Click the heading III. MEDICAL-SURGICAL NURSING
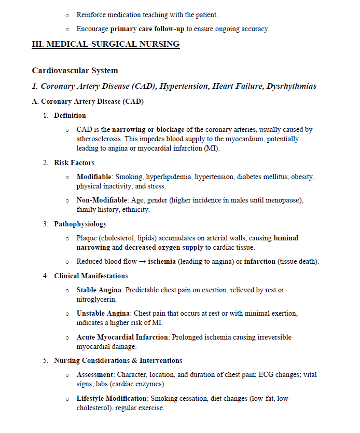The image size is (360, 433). pyautogui.click(x=106, y=44)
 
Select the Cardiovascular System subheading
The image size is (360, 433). pyautogui.click(x=75, y=71)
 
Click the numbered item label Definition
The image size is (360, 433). pyautogui.click(x=70, y=115)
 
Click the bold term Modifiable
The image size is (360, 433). pyautogui.click(x=95, y=177)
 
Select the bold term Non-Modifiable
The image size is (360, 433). pyautogui.click(x=102, y=200)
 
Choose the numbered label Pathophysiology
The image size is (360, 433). pyautogui.click(x=80, y=224)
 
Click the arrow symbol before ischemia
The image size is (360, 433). pyautogui.click(x=142, y=262)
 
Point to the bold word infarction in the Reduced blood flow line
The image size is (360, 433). pyautogui.click(x=259, y=262)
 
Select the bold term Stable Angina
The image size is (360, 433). pyautogui.click(x=99, y=290)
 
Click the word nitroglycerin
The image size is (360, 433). pyautogui.click(x=96, y=299)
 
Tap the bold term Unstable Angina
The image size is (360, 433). pyautogui.click(x=104, y=314)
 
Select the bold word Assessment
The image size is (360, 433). pyautogui.click(x=95, y=375)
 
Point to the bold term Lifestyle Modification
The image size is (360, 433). pyautogui.click(x=112, y=399)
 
